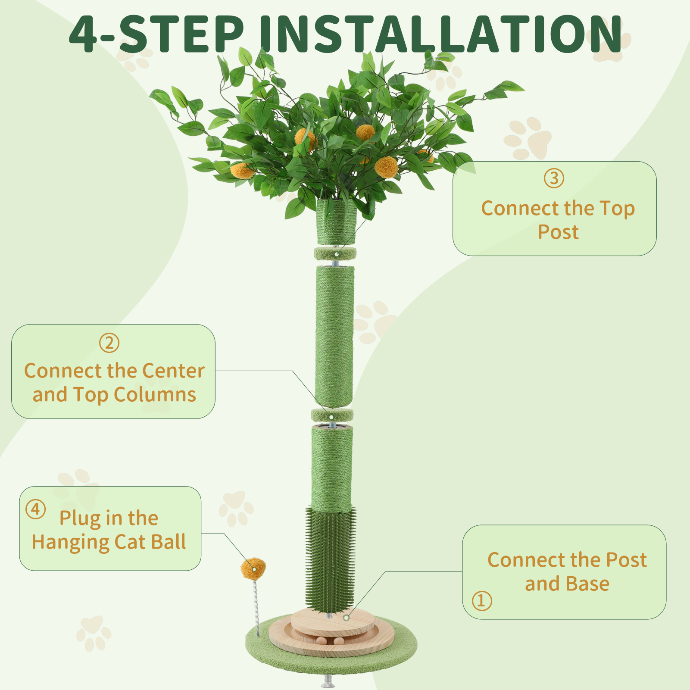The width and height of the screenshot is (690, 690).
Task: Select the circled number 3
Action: tap(554, 178)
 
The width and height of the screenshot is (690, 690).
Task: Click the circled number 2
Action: tap(109, 343)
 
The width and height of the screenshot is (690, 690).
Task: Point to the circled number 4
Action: tap(35, 509)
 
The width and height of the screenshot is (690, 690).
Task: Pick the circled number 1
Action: tap(481, 600)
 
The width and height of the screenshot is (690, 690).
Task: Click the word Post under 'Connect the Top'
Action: tap(558, 232)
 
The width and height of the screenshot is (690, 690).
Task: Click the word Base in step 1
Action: tap(587, 584)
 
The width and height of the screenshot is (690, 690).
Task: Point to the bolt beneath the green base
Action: tap(328, 681)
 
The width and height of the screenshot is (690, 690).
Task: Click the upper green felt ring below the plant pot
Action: tap(335, 254)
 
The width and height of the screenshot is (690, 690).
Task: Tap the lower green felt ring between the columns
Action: tap(332, 416)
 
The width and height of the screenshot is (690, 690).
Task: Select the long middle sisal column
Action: tap(334, 336)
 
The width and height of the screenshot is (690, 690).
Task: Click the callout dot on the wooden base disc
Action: tap(346, 618)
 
